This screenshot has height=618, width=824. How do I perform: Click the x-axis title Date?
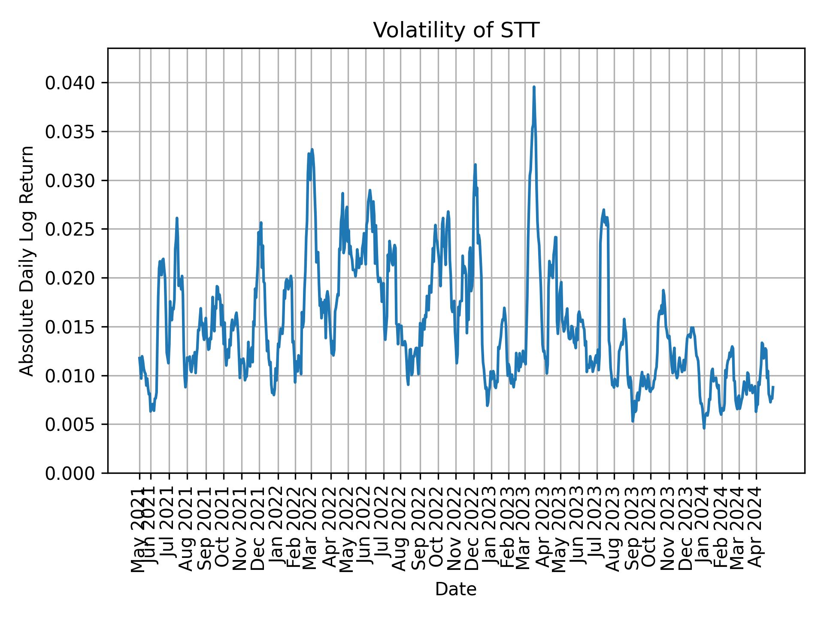[456, 590]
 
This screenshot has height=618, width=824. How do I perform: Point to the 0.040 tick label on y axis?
[70, 83]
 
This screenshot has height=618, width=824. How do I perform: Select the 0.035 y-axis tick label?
[70, 132]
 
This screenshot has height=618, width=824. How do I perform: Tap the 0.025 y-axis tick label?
[70, 229]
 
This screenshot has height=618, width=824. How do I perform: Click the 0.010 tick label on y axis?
[70, 376]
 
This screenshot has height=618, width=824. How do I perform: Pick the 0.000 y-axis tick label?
[70, 473]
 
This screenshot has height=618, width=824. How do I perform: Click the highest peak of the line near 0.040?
[534, 87]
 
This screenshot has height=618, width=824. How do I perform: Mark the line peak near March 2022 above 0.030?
[312, 150]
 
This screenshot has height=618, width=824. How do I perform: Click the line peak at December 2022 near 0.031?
[475, 165]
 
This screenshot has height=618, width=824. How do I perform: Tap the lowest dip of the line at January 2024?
[704, 428]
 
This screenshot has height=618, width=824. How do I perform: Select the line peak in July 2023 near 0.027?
[603, 210]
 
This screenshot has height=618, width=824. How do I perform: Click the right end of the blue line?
[773, 387]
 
